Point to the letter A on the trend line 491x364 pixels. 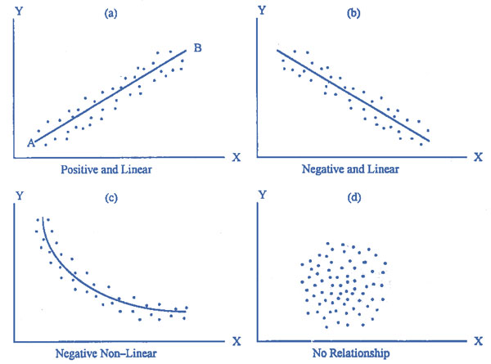(x=30, y=142)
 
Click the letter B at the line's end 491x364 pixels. (x=197, y=49)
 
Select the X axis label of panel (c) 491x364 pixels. (x=236, y=339)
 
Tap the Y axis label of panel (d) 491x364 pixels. (x=261, y=197)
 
